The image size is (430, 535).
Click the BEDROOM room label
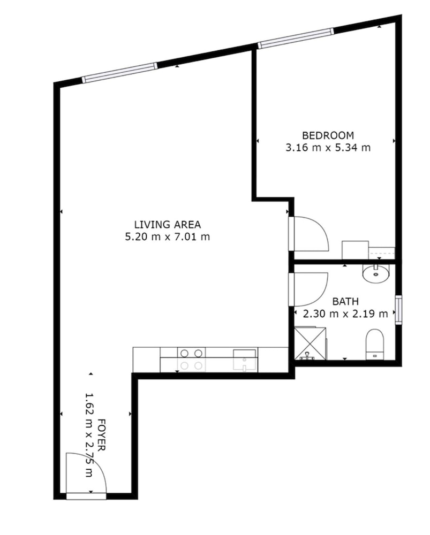tap(328, 135)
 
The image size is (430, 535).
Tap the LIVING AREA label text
tap(168, 225)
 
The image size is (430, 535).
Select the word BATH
tap(345, 302)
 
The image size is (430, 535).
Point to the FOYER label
tap(101, 434)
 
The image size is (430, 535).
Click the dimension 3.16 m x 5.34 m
tap(328, 148)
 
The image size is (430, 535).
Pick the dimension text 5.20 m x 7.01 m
tap(168, 236)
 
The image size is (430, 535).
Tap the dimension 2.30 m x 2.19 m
tap(345, 314)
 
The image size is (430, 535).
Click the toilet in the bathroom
tap(375, 344)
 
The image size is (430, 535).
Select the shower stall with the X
tap(310, 343)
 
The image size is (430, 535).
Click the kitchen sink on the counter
tap(244, 360)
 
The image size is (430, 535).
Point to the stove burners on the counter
tap(191, 360)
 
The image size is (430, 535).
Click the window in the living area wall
tap(120, 72)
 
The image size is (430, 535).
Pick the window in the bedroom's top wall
tap(296, 38)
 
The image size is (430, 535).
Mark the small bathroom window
tap(398, 310)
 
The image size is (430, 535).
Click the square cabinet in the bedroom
tap(355, 250)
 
